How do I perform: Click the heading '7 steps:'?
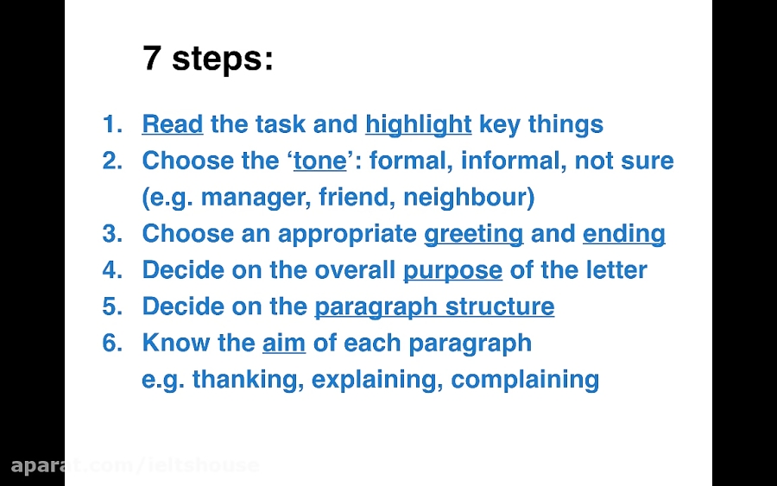pyautogui.click(x=207, y=60)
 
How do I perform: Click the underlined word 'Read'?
pyautogui.click(x=172, y=124)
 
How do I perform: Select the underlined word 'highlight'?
pyautogui.click(x=418, y=124)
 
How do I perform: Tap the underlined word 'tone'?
pyautogui.click(x=319, y=161)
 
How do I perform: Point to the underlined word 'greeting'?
pyautogui.click(x=473, y=234)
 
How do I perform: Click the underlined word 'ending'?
pyautogui.click(x=623, y=234)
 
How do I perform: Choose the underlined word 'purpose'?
pyautogui.click(x=452, y=270)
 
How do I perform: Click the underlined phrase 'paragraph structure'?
pyautogui.click(x=433, y=306)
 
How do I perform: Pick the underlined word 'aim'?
pyautogui.click(x=284, y=343)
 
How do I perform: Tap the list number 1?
pyautogui.click(x=112, y=124)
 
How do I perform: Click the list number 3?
pyautogui.click(x=112, y=234)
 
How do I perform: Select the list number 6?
pyautogui.click(x=112, y=343)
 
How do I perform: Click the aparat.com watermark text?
pyautogui.click(x=134, y=465)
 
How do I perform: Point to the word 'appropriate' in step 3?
pyautogui.click(x=347, y=234)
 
